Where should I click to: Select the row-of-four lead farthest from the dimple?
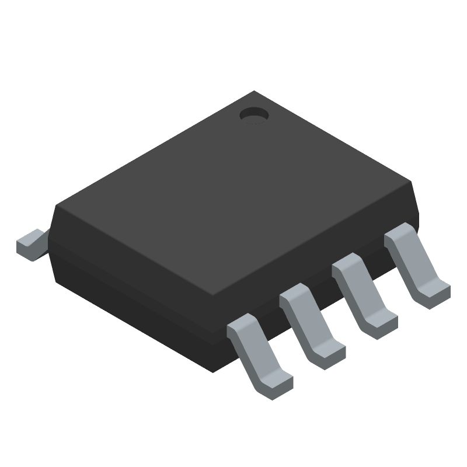point(257,356)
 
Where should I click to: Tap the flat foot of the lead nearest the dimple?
point(435,292)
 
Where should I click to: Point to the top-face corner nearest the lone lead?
point(57,205)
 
